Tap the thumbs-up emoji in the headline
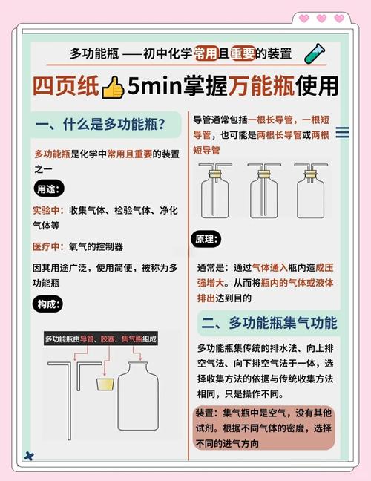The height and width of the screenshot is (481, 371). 113,88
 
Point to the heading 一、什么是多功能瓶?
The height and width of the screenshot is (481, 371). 100,124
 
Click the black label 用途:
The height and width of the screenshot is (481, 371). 50,189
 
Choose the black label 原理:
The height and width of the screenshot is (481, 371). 208,240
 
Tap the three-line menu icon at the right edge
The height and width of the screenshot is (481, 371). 343,133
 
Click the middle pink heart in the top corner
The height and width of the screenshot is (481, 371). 321,19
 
